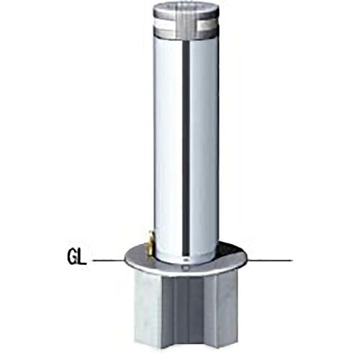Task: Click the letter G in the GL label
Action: click(73, 258)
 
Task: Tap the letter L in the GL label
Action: click(82, 258)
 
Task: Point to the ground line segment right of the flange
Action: click(270, 260)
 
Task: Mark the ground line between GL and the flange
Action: click(109, 260)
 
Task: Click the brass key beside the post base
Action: click(150, 243)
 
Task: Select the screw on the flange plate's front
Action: click(184, 268)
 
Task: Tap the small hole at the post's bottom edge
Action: click(185, 259)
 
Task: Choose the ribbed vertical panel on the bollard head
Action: click(186, 23)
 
